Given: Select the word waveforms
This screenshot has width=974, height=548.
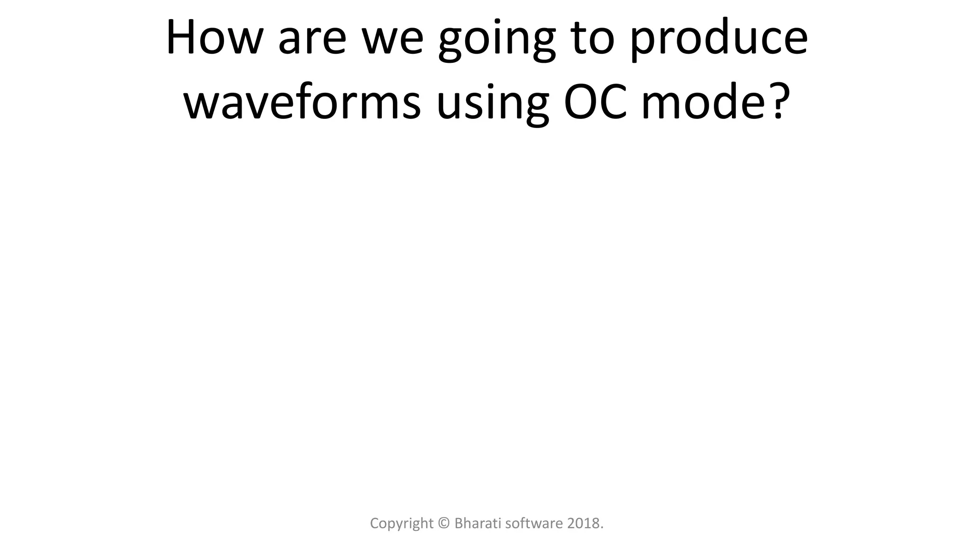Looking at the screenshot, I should pyautogui.click(x=302, y=102).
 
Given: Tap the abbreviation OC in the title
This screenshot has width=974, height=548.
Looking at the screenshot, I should pyautogui.click(x=594, y=102).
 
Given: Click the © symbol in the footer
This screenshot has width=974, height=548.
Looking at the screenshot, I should pyautogui.click(x=444, y=523).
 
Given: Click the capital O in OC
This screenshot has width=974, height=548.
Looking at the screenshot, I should pyautogui.click(x=579, y=102).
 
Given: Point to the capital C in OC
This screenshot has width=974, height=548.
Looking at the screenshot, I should pyautogui.click(x=612, y=102).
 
